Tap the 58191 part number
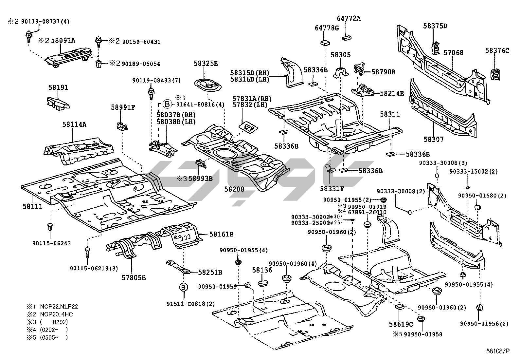pyautogui.click(x=58, y=87)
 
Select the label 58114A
pyautogui.click(x=74, y=124)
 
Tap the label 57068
pyautogui.click(x=453, y=52)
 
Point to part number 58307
pyautogui.click(x=434, y=139)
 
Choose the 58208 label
pyautogui.click(x=234, y=189)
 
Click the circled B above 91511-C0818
pyautogui.click(x=184, y=287)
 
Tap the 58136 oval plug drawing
pyautogui.click(x=264, y=283)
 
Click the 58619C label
pyautogui.click(x=401, y=324)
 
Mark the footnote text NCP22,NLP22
pyautogui.click(x=59, y=307)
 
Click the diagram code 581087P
pyautogui.click(x=497, y=351)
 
